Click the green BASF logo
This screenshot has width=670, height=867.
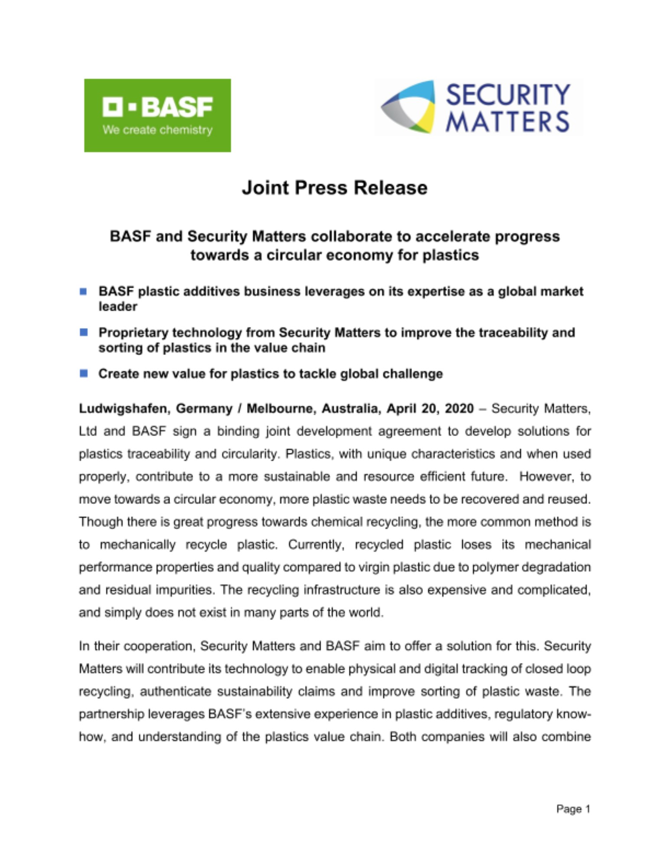click(x=157, y=115)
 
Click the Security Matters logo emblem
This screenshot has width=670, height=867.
click(x=408, y=107)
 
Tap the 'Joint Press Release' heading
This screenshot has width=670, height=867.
click(x=334, y=188)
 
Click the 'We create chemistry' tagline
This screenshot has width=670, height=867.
click(x=157, y=130)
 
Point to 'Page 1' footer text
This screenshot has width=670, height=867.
click(x=573, y=809)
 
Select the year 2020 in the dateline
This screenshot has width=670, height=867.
click(x=459, y=409)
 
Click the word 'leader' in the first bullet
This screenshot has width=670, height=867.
click(x=118, y=306)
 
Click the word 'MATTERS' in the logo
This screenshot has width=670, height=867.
click(x=507, y=122)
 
